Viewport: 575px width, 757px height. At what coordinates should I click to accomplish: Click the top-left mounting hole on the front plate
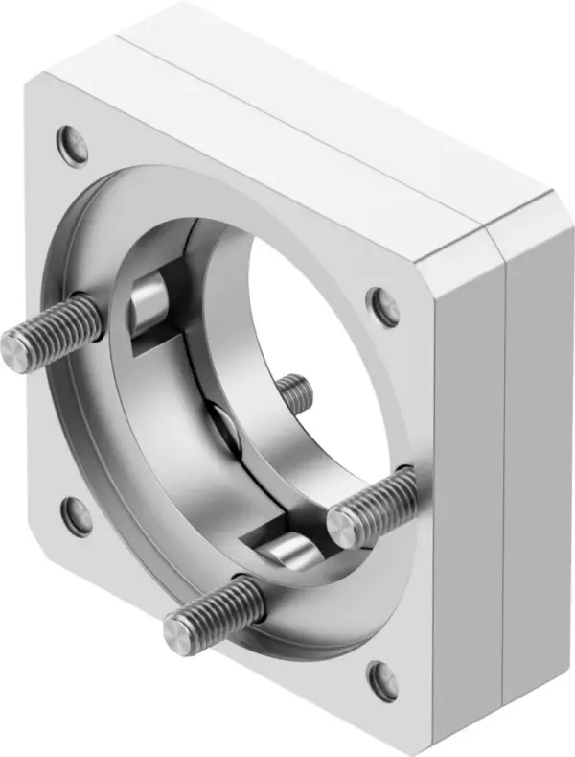point(72,145)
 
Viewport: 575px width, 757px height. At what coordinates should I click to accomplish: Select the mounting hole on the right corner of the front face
point(383,307)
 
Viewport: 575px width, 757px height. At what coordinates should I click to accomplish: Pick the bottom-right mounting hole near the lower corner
point(385,679)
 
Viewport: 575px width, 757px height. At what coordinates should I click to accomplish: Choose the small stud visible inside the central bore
point(295,390)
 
